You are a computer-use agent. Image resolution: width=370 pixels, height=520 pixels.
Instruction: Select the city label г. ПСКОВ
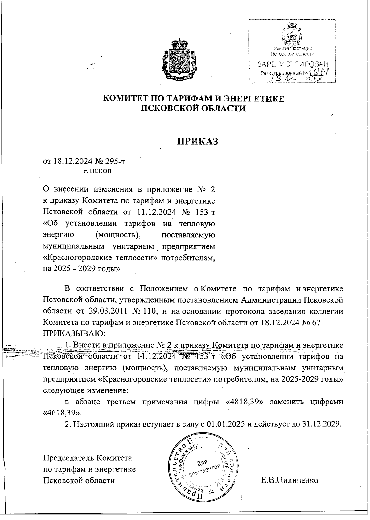click(98, 171)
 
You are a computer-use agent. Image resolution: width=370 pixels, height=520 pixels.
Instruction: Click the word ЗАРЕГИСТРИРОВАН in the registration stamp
click(292, 64)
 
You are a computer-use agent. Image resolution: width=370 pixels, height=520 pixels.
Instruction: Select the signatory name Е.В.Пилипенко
click(289, 480)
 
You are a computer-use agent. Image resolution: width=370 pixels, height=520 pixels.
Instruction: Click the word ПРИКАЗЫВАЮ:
click(74, 333)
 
